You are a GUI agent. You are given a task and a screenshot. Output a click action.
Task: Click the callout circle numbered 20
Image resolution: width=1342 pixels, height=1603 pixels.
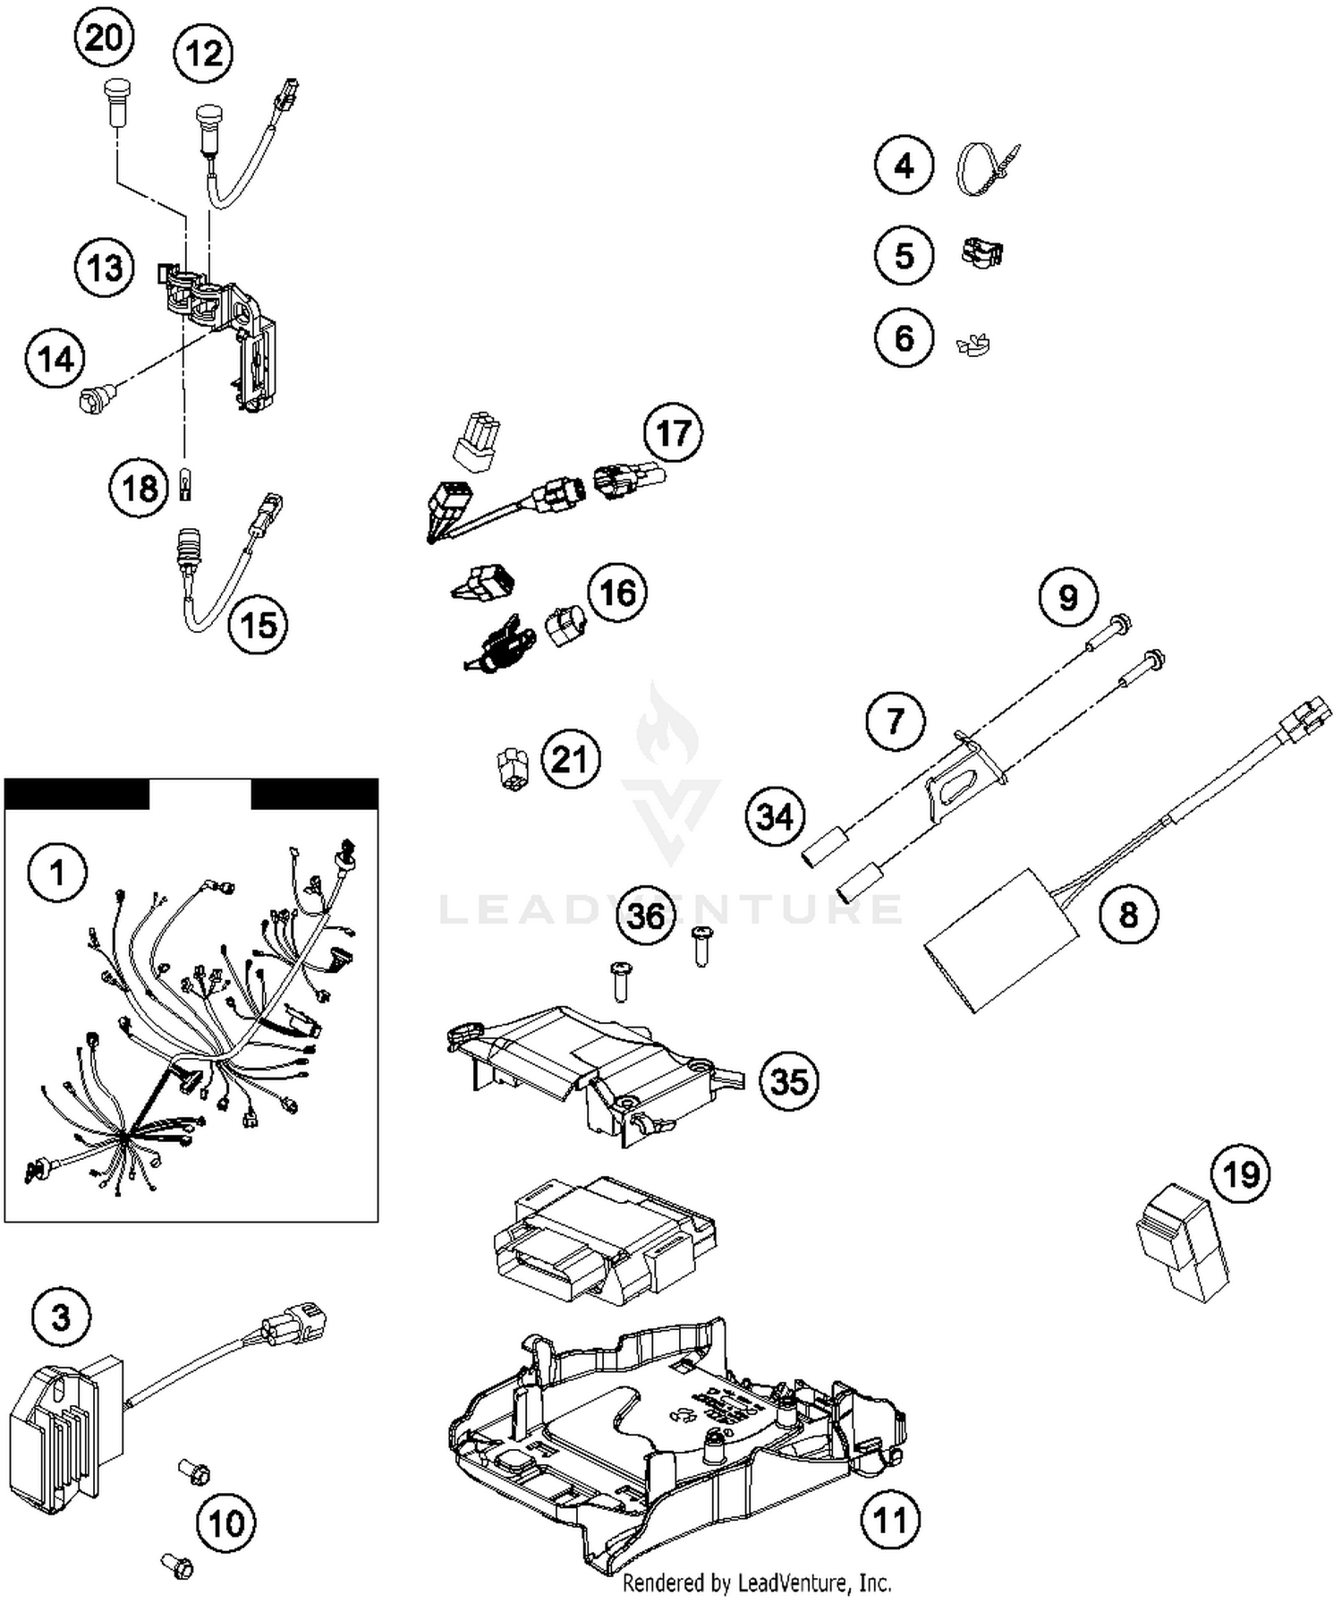click(104, 38)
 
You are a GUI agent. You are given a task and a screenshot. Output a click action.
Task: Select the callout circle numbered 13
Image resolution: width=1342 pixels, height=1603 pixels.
click(105, 268)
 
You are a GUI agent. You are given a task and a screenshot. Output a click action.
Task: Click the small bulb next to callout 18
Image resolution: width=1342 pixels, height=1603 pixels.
click(186, 487)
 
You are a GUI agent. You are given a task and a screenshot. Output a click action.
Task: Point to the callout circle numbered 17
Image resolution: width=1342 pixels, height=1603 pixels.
click(673, 433)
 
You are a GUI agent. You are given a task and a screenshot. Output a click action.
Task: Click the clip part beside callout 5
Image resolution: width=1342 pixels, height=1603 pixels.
click(981, 253)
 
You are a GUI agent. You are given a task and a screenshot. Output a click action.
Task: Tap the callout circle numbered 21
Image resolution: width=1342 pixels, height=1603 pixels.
click(570, 759)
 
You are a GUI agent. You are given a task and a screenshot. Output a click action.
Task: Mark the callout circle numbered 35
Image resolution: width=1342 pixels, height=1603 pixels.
click(789, 1081)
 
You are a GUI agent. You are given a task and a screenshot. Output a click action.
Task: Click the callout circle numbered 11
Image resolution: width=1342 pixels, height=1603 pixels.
click(889, 1519)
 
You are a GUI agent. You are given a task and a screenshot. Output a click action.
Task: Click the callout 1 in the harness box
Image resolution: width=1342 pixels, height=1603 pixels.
click(58, 872)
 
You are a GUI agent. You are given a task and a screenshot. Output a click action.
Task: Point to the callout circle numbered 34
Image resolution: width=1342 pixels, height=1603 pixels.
click(775, 816)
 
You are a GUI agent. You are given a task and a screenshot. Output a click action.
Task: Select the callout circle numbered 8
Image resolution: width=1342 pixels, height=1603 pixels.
click(1128, 915)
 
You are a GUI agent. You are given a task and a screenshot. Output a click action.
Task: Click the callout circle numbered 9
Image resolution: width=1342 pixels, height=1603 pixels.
click(1068, 597)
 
